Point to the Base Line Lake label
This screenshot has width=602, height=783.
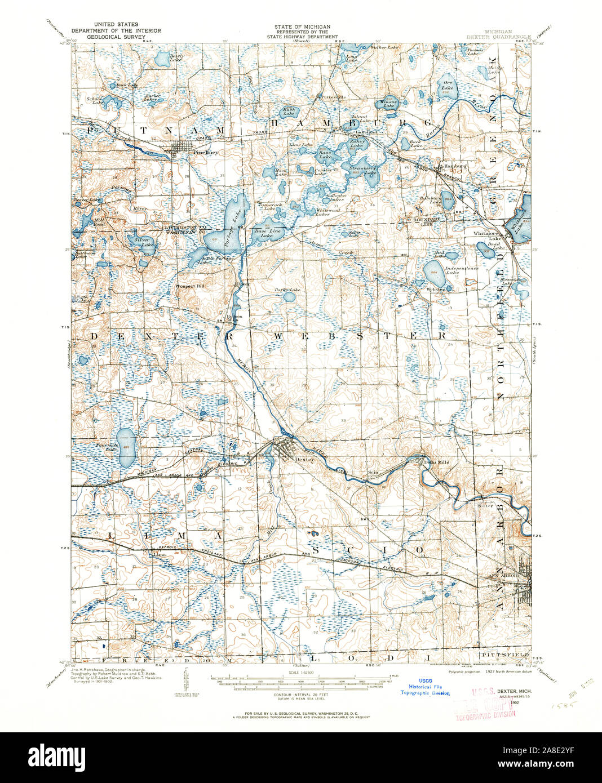pyautogui.click(x=263, y=234)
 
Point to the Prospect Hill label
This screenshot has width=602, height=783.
pyautogui.click(x=192, y=286)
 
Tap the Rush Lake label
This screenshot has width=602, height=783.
pyautogui.click(x=289, y=112)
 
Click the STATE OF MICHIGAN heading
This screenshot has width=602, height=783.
pyautogui.click(x=302, y=26)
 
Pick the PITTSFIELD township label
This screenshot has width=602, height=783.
pyautogui.click(x=504, y=655)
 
